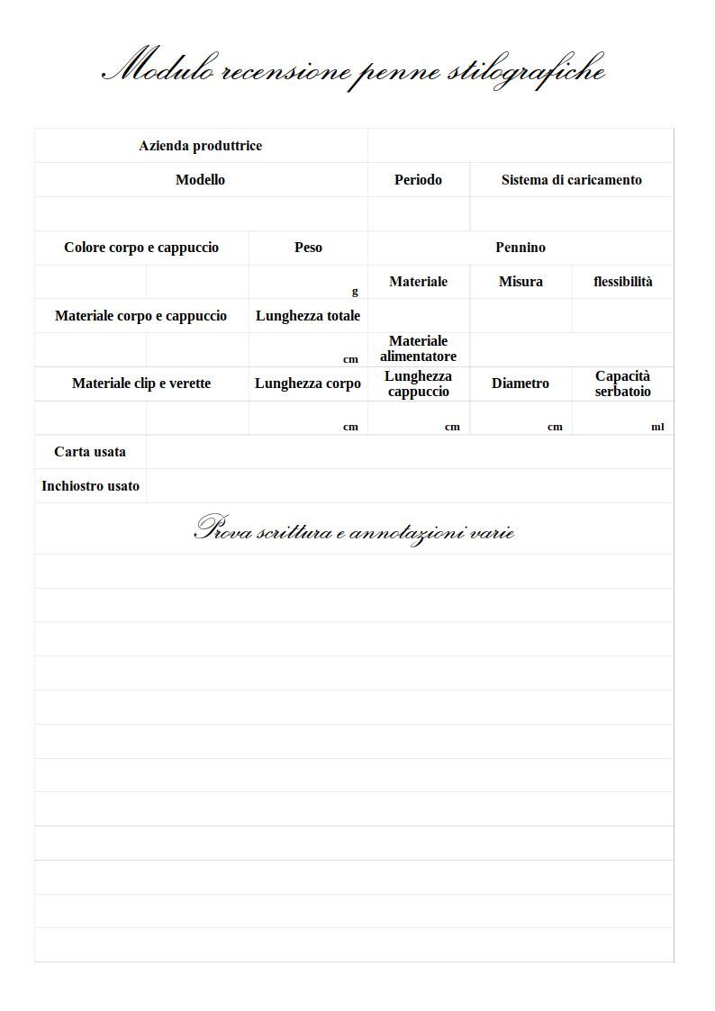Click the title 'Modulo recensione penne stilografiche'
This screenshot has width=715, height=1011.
click(354, 69)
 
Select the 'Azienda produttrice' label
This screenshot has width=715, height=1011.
click(200, 146)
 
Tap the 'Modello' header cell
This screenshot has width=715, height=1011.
click(200, 180)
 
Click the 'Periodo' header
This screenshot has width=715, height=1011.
click(418, 180)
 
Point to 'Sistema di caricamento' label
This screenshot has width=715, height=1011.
click(571, 180)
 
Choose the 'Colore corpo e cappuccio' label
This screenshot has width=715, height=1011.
click(141, 248)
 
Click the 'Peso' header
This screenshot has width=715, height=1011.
click(308, 248)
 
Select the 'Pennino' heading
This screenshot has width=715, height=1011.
click(520, 248)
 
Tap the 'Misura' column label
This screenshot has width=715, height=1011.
click(520, 282)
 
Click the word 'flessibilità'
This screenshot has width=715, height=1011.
click(622, 282)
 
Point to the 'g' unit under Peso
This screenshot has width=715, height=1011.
click(355, 292)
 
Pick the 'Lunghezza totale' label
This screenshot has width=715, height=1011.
click(308, 316)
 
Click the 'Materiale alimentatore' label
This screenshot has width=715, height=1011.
click(418, 348)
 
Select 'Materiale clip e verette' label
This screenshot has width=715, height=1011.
click(141, 384)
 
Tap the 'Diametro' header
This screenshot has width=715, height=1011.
click(520, 384)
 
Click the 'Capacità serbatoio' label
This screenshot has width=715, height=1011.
click(622, 384)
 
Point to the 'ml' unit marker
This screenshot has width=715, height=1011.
click(657, 427)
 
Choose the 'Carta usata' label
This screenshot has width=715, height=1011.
click(90, 452)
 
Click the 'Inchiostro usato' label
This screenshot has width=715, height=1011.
click(90, 486)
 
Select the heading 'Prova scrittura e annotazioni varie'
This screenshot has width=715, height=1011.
click(354, 530)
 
